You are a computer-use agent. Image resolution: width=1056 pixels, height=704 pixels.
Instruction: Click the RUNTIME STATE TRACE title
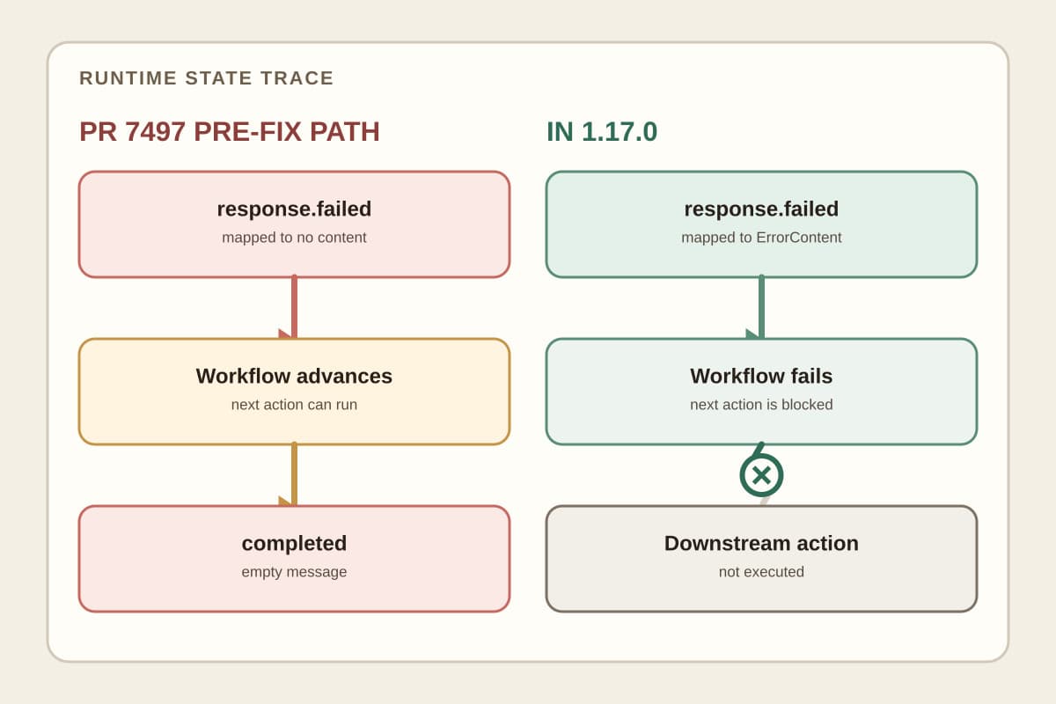[x=207, y=78]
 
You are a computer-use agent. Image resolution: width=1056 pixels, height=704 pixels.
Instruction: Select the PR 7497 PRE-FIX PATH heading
[x=230, y=131]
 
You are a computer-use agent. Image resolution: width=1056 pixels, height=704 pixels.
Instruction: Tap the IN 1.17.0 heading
[x=602, y=131]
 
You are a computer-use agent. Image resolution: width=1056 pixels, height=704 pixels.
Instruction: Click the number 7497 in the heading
[x=155, y=131]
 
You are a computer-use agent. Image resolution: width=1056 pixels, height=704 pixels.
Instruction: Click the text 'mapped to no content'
[x=294, y=238]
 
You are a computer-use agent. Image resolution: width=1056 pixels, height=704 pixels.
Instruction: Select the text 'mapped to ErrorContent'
[x=761, y=238]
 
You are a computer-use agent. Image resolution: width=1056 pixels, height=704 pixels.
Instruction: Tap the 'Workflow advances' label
[x=294, y=377]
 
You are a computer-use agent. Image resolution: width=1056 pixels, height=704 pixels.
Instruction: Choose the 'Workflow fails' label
[x=761, y=377]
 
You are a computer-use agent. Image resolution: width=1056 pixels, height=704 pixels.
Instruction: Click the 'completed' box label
[x=294, y=544]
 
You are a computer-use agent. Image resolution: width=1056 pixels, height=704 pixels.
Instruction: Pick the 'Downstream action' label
[x=761, y=543]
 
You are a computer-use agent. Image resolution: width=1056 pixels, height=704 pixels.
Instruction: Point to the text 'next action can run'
[x=294, y=405]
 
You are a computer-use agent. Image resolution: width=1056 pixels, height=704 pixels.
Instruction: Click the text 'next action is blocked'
[x=761, y=405]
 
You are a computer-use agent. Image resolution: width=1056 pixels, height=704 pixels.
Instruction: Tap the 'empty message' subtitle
[x=294, y=572]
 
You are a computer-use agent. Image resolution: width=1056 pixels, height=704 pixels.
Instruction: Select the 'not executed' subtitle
[x=761, y=571]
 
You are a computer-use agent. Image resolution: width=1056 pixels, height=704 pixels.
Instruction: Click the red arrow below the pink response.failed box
[x=294, y=306]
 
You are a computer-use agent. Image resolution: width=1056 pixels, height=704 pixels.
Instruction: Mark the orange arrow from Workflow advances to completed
[x=294, y=474]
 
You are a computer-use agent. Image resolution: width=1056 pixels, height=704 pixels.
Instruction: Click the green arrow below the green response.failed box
[x=761, y=306]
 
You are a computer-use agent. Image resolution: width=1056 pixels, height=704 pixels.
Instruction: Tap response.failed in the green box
[x=761, y=209]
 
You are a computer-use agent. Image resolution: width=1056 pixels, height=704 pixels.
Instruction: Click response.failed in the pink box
[x=294, y=209]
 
